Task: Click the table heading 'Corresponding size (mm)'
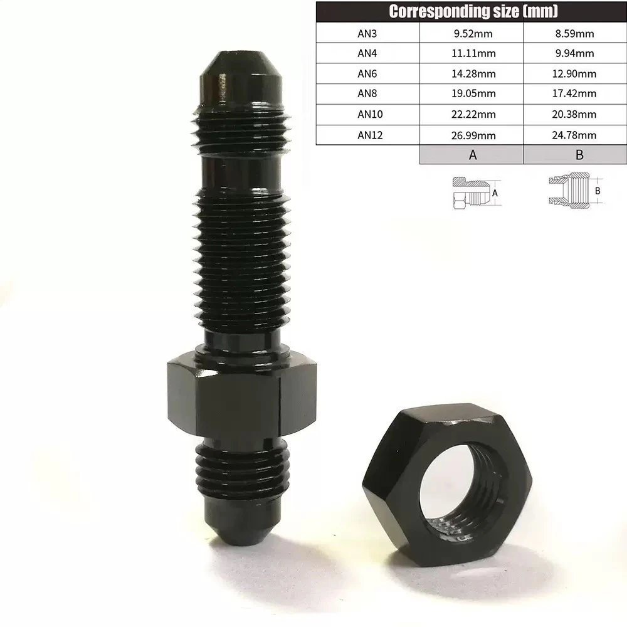pos(473,11)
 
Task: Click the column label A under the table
pos(473,155)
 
